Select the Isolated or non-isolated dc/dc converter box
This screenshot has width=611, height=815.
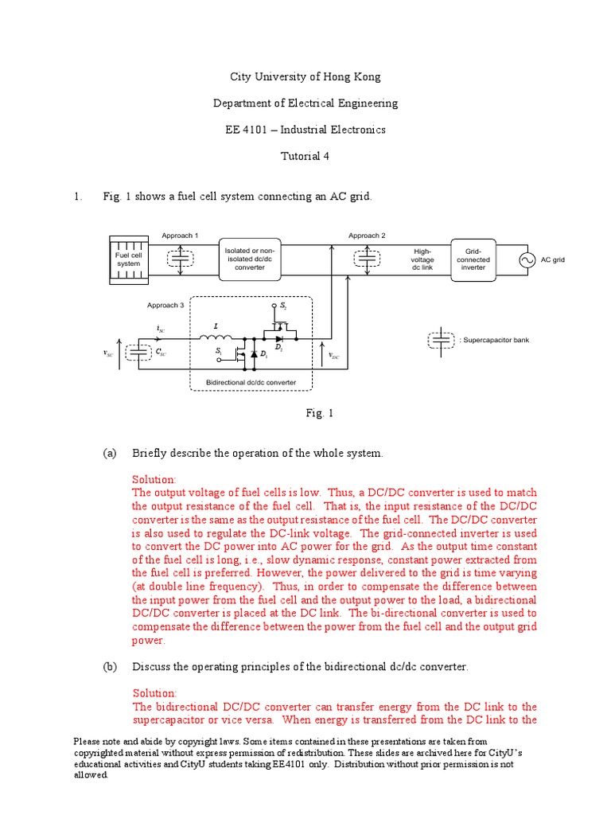pyautogui.click(x=251, y=259)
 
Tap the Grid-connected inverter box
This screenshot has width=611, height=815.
pyautogui.click(x=473, y=259)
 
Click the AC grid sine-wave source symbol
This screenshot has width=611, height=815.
pyautogui.click(x=526, y=259)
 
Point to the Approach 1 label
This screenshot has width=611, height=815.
pyautogui.click(x=180, y=236)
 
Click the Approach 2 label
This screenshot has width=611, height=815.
pyautogui.click(x=367, y=236)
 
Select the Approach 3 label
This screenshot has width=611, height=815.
pyautogui.click(x=165, y=305)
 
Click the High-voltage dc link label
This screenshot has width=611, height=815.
pyautogui.click(x=422, y=259)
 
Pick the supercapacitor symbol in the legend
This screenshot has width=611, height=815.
pyautogui.click(x=440, y=340)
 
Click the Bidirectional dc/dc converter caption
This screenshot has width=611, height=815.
pyautogui.click(x=251, y=382)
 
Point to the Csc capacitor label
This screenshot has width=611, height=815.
pyautogui.click(x=162, y=351)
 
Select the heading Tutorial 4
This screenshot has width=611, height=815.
pyautogui.click(x=305, y=156)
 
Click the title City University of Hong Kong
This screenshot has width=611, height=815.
pyautogui.click(x=305, y=77)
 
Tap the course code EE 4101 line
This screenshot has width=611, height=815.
pyautogui.click(x=305, y=130)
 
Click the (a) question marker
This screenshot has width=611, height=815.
pyautogui.click(x=109, y=453)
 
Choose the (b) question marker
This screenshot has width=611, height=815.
pyautogui.click(x=109, y=666)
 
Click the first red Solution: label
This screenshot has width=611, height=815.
pyautogui.click(x=154, y=480)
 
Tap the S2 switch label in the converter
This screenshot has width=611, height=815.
pyautogui.click(x=282, y=306)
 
